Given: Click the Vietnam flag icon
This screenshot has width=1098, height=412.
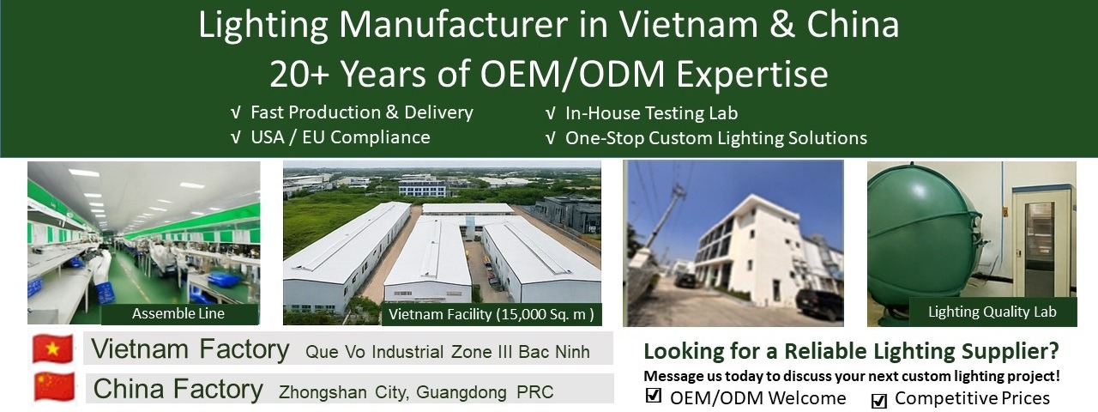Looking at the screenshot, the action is tap(53, 348).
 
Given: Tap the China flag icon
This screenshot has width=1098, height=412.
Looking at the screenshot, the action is tap(54, 387).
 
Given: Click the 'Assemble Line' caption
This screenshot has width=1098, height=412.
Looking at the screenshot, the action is tap(178, 314).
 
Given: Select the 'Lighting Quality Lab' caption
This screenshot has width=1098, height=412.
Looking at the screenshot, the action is tap(992, 312).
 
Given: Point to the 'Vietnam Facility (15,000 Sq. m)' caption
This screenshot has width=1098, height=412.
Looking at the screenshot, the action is tap(492, 314).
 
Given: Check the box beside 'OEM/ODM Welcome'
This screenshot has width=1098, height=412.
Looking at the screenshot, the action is tap(654, 396).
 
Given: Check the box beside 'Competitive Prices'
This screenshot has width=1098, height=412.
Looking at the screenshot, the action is tap(879, 400).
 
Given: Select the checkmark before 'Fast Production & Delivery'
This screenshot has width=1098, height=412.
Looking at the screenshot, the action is tap(236, 112).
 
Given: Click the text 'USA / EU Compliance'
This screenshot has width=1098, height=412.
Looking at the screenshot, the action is tap(341, 137).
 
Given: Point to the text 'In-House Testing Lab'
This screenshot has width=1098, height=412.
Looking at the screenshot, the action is tap(651, 113).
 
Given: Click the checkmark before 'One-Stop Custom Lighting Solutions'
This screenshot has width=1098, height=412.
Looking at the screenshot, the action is tap(551, 138).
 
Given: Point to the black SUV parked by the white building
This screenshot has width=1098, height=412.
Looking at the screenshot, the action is tap(819, 304).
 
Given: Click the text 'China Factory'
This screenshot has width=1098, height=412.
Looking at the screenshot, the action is tap(178, 389).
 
